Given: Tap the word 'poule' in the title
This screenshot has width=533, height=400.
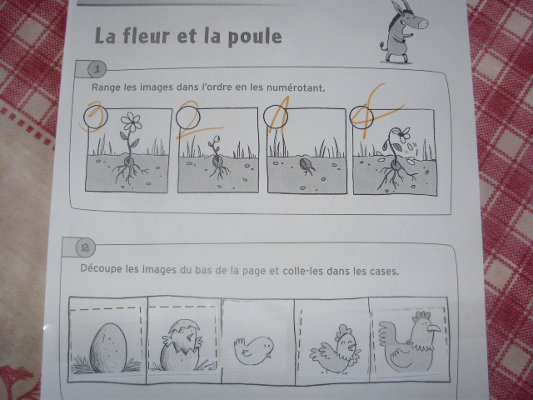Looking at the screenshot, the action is [x=255, y=37].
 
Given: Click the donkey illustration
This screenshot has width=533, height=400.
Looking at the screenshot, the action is [x=403, y=32].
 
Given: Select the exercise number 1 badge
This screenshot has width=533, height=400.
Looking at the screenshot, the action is [x=97, y=70].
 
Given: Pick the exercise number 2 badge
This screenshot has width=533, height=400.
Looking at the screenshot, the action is [x=85, y=248].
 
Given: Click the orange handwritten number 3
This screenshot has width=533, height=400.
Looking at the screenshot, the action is [x=92, y=115].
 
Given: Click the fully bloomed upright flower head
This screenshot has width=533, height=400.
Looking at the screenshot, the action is [x=132, y=122].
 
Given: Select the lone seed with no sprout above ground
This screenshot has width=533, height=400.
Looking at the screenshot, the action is [x=306, y=165].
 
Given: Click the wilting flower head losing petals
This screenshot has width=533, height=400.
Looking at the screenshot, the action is [x=402, y=134].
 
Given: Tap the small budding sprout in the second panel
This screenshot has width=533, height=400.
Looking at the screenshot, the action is [x=215, y=142].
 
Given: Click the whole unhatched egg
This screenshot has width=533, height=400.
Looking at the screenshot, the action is [x=107, y=348].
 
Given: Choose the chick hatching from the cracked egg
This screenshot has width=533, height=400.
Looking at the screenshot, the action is [x=182, y=345].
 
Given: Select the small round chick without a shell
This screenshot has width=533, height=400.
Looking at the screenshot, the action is [x=254, y=350].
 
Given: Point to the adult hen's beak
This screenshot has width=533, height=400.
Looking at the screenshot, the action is [x=434, y=328].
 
